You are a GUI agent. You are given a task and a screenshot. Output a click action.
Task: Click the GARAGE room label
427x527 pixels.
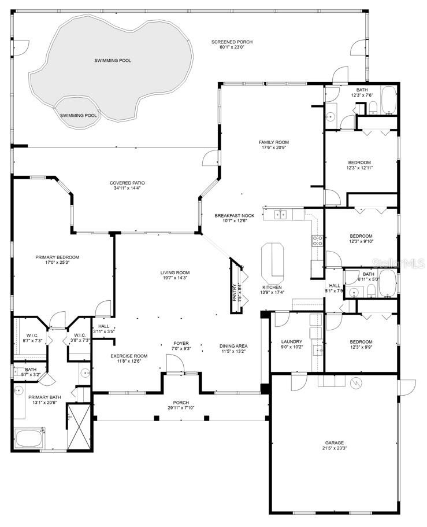point(334,443)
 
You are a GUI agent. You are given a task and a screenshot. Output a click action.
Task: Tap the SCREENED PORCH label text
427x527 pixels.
point(232,42)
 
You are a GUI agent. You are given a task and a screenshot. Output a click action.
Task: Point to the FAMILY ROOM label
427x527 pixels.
point(273,142)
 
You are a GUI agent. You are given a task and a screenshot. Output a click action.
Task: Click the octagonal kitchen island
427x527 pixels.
point(272,261)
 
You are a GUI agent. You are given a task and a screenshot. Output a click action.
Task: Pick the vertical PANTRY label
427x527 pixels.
point(234,293)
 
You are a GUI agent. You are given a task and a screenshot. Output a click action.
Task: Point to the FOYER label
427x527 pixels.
point(181,343)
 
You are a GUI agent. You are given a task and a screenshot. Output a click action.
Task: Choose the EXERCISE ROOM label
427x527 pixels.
point(129,356)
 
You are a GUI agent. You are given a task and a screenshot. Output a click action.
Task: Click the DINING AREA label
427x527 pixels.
point(233,346)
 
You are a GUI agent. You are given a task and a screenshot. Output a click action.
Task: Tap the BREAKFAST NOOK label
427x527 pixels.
point(231,215)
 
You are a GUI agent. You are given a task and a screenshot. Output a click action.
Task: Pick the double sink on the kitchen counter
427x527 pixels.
point(281,215)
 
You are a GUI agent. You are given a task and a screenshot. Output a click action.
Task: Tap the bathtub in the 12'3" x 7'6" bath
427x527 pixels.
point(388,100)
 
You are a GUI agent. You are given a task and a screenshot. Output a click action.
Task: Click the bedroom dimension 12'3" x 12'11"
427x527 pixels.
point(359,168)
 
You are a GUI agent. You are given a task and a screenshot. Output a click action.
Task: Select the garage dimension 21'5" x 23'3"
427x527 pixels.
point(334,448)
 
